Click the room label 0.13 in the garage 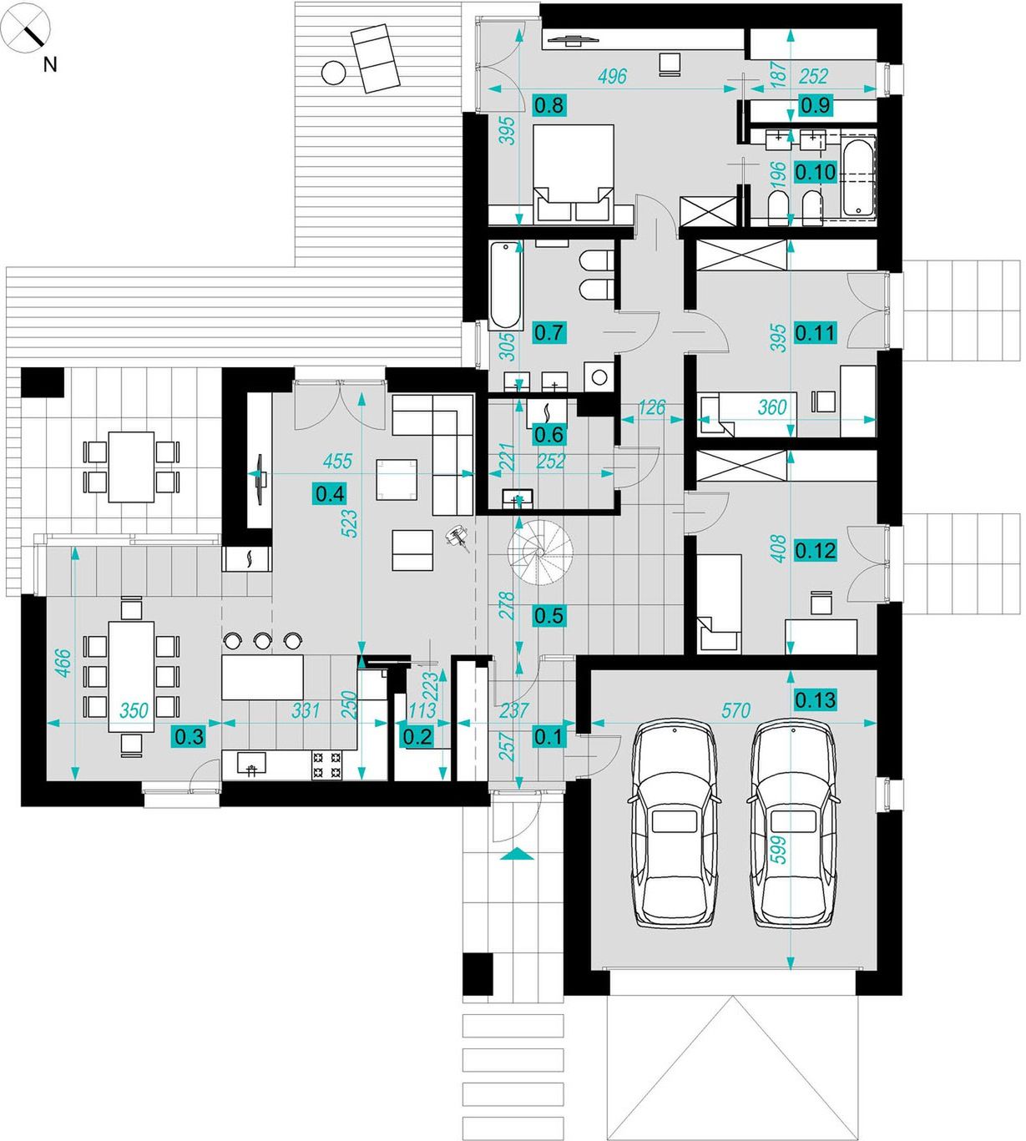(815, 699)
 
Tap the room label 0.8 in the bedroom (549, 105)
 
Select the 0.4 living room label (330, 494)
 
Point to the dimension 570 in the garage (735, 710)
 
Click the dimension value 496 (612, 76)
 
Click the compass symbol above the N (26, 28)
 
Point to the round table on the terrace (333, 73)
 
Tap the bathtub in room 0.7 (505, 285)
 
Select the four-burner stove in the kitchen (327, 765)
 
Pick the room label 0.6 (549, 435)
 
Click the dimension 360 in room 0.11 (771, 407)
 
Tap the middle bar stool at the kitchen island (261, 640)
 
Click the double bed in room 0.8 (574, 173)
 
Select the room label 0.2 (417, 737)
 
